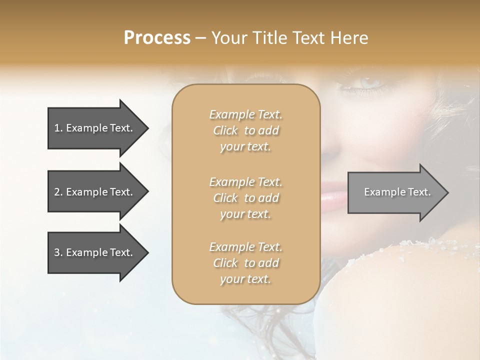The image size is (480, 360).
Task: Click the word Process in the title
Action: tap(157, 38)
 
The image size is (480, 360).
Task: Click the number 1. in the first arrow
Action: tap(58, 128)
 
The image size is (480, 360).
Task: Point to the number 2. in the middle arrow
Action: tap(58, 192)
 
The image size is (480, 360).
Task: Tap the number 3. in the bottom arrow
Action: tap(58, 252)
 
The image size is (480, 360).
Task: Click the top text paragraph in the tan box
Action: tap(245, 130)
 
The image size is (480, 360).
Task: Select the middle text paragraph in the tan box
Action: tap(245, 198)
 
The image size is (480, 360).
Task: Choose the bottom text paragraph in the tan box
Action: tap(245, 263)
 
